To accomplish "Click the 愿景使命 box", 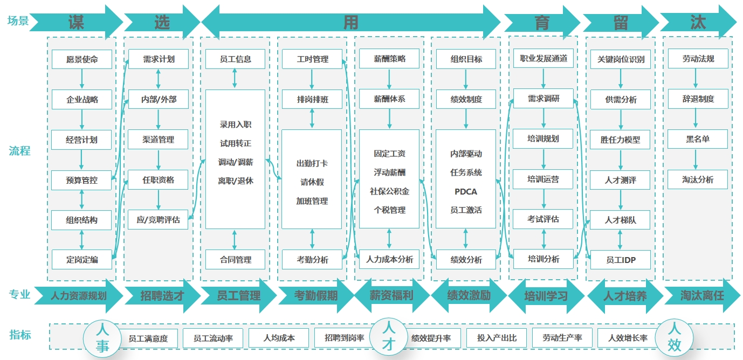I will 82,59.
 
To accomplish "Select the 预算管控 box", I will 82,180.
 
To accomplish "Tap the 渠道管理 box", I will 158,140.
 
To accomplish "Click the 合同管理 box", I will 235,260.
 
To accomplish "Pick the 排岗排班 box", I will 312,99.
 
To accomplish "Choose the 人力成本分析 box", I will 389,260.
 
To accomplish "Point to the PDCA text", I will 466,191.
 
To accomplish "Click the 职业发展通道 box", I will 543,58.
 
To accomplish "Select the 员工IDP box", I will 621,260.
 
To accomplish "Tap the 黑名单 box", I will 698,139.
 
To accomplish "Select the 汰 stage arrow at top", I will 698,22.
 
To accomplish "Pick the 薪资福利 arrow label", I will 391,295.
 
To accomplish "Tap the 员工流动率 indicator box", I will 213,338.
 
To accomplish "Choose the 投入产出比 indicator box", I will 497,338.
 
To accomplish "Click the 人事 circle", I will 102,338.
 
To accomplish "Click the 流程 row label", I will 19,151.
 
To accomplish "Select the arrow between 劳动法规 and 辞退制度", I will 698,79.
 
